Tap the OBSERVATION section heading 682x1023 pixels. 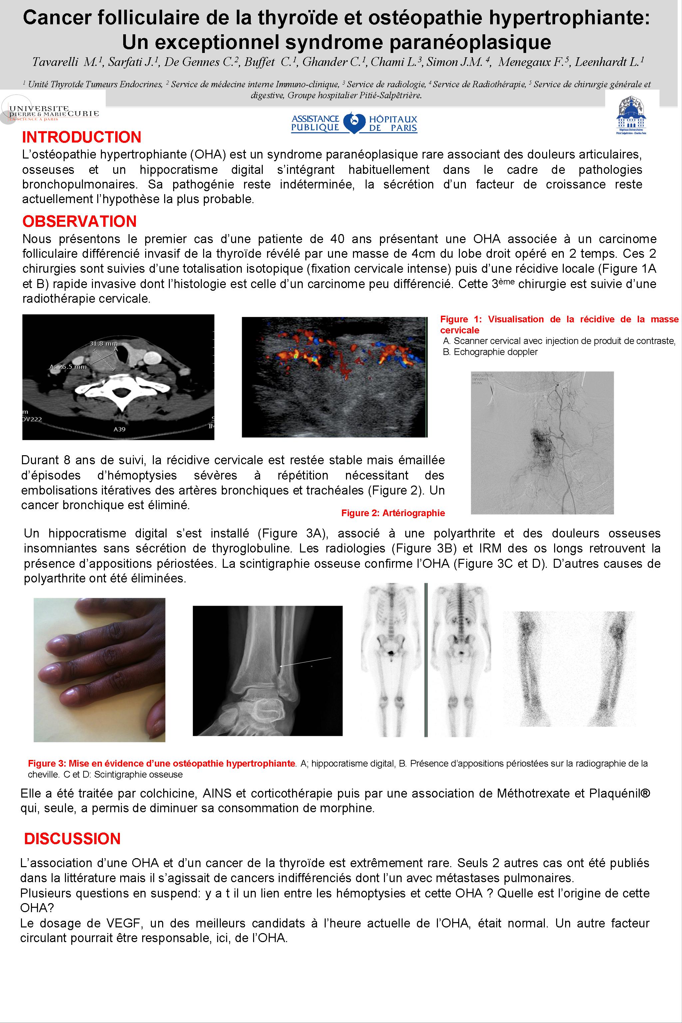(x=79, y=221)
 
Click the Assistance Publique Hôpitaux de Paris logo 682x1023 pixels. (x=354, y=123)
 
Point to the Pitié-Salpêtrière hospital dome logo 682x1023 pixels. (x=631, y=116)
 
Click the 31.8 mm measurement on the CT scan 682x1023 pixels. (x=100, y=344)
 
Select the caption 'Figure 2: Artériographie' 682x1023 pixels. (x=393, y=513)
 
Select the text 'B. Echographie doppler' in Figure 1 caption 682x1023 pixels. (x=490, y=352)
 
